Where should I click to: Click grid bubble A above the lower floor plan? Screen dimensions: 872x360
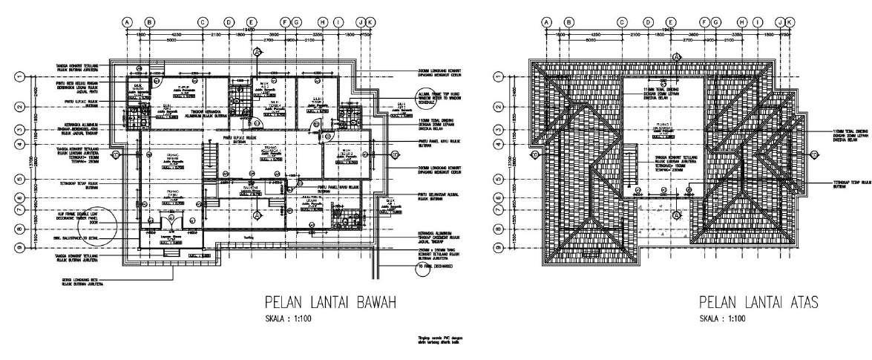tap(128, 22)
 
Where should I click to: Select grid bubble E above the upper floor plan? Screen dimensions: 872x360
tap(671, 22)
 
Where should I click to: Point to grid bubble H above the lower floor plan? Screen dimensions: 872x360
tap(322, 22)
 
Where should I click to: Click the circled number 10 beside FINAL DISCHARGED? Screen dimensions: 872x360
tap(422, 268)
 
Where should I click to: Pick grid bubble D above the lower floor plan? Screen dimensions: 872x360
tap(229, 22)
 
